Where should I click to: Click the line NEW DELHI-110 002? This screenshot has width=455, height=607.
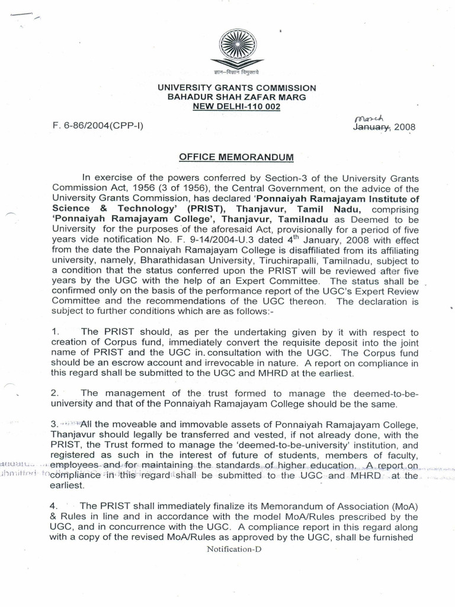[x=236, y=107]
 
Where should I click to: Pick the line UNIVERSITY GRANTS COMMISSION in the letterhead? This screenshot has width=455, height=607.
[x=236, y=88]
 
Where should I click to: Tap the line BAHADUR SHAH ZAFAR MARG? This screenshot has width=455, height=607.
[x=236, y=97]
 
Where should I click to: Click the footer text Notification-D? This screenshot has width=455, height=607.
[x=233, y=549]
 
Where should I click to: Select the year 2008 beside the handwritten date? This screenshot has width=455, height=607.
[x=405, y=127]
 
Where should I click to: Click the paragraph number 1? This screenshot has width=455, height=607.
[x=55, y=333]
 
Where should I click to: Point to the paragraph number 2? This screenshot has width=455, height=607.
[x=55, y=393]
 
